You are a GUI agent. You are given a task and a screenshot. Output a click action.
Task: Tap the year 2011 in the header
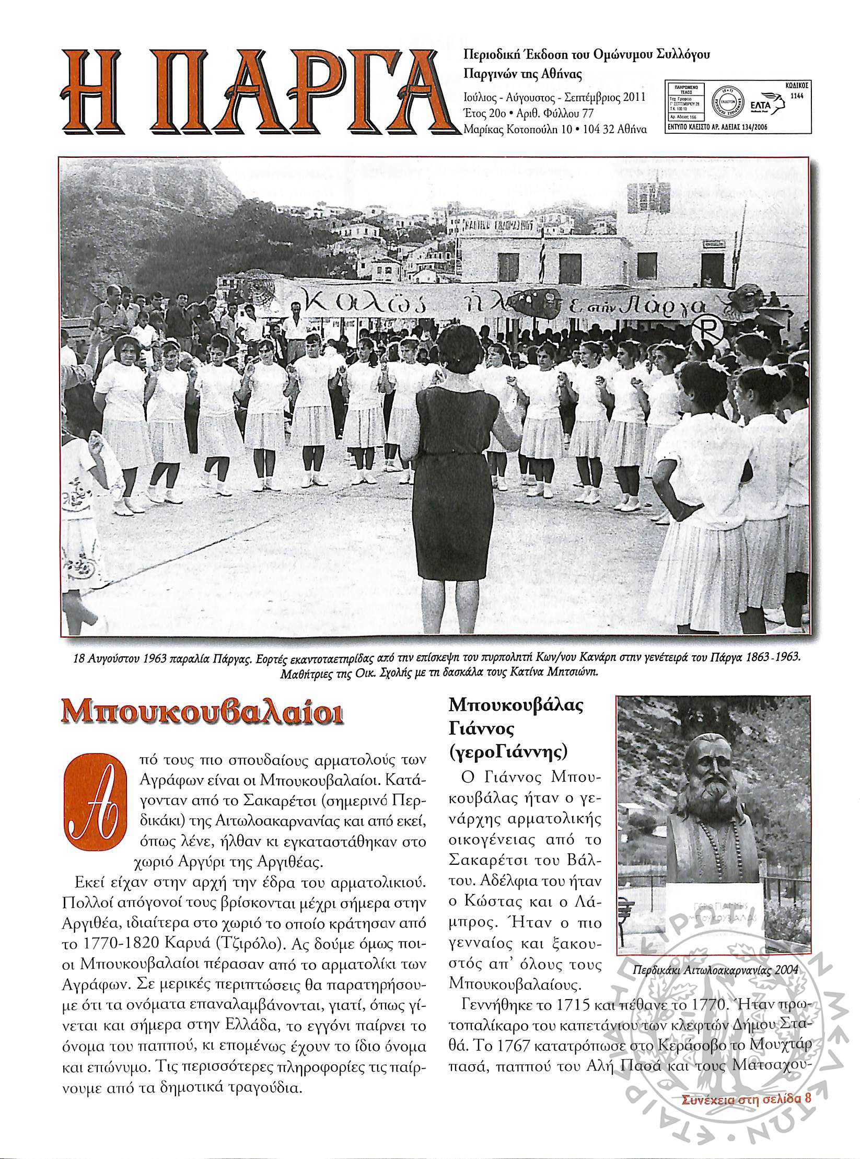point(632,98)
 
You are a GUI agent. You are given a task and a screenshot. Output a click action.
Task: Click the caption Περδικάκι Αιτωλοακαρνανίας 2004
point(715,956)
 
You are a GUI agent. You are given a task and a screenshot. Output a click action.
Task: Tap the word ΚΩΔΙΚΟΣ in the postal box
point(796,84)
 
